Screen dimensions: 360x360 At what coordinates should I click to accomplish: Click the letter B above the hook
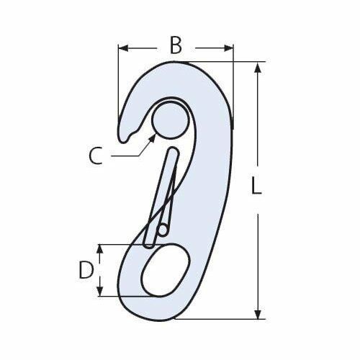tap(175, 45)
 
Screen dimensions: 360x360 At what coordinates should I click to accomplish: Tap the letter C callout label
tap(96, 154)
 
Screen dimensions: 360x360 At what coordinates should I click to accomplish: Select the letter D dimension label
tap(85, 270)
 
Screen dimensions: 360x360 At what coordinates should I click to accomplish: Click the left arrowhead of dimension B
tap(123, 48)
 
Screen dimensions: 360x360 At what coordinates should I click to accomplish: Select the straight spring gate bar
tap(163, 194)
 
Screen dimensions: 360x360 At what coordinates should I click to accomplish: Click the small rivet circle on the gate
tap(163, 231)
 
